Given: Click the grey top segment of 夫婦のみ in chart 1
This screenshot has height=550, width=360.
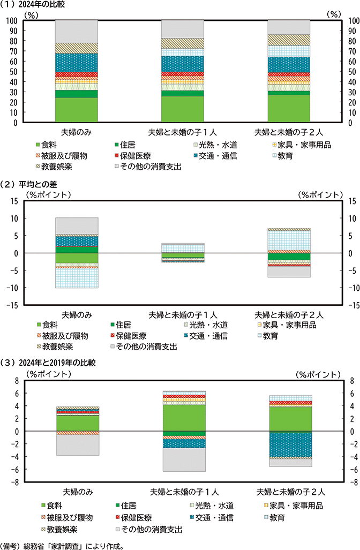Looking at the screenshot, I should pyautogui.click(x=77, y=31).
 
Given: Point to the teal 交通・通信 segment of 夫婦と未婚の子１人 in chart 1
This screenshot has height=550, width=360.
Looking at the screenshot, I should pyautogui.click(x=183, y=64).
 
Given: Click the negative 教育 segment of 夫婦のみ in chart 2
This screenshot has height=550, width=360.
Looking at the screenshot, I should pyautogui.click(x=77, y=278).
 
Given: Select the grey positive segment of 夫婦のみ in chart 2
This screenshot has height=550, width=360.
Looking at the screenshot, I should pyautogui.click(x=77, y=226).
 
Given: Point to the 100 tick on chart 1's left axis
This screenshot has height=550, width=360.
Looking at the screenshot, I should pyautogui.click(x=11, y=20).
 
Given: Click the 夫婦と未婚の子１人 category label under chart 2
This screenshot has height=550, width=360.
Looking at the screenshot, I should pyautogui.click(x=183, y=314).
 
